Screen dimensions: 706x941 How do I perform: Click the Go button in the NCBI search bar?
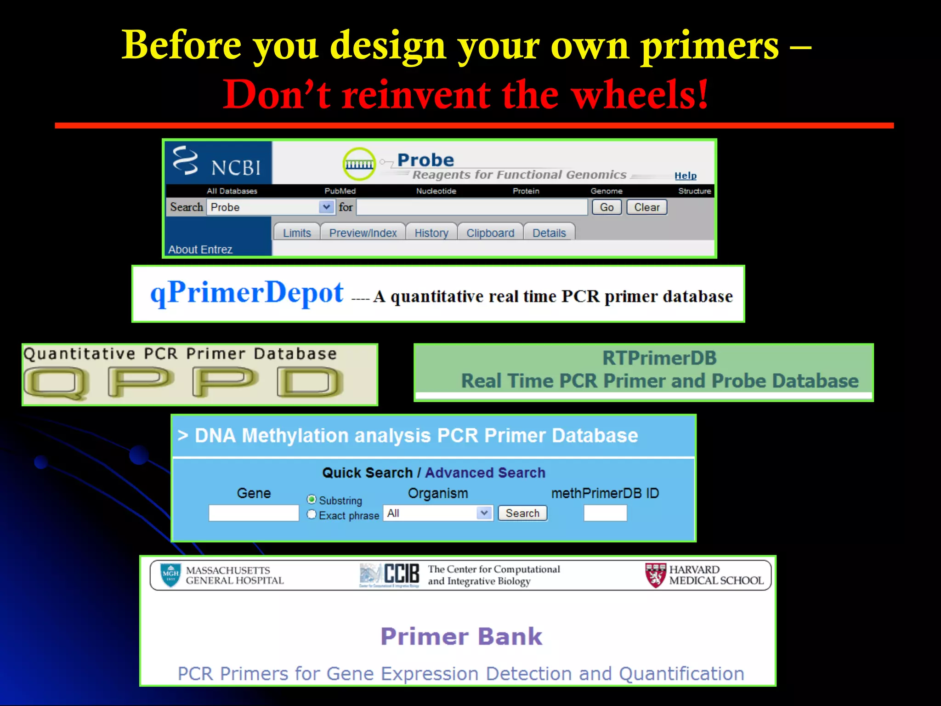(607, 207)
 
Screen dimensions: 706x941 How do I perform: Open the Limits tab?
(297, 233)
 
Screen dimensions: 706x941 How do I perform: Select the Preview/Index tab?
(363, 233)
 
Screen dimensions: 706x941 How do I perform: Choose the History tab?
(431, 233)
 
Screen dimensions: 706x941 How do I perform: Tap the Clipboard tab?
(490, 233)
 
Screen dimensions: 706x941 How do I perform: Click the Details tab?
(549, 233)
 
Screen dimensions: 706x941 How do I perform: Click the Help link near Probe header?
(685, 176)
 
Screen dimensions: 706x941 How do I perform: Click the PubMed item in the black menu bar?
(340, 191)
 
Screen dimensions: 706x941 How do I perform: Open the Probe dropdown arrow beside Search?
(326, 207)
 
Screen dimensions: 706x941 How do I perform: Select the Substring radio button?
(312, 500)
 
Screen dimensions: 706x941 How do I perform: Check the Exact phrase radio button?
(312, 514)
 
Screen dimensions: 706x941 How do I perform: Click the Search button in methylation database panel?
(522, 513)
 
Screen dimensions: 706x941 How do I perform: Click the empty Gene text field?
(254, 513)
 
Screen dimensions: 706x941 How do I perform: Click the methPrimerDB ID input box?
(605, 513)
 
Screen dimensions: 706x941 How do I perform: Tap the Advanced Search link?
(485, 473)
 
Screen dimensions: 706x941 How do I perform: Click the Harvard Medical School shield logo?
(655, 575)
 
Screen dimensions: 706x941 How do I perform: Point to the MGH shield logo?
(170, 575)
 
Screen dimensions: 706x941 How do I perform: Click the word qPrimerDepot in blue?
(247, 293)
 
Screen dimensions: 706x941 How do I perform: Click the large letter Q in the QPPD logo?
(56, 382)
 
